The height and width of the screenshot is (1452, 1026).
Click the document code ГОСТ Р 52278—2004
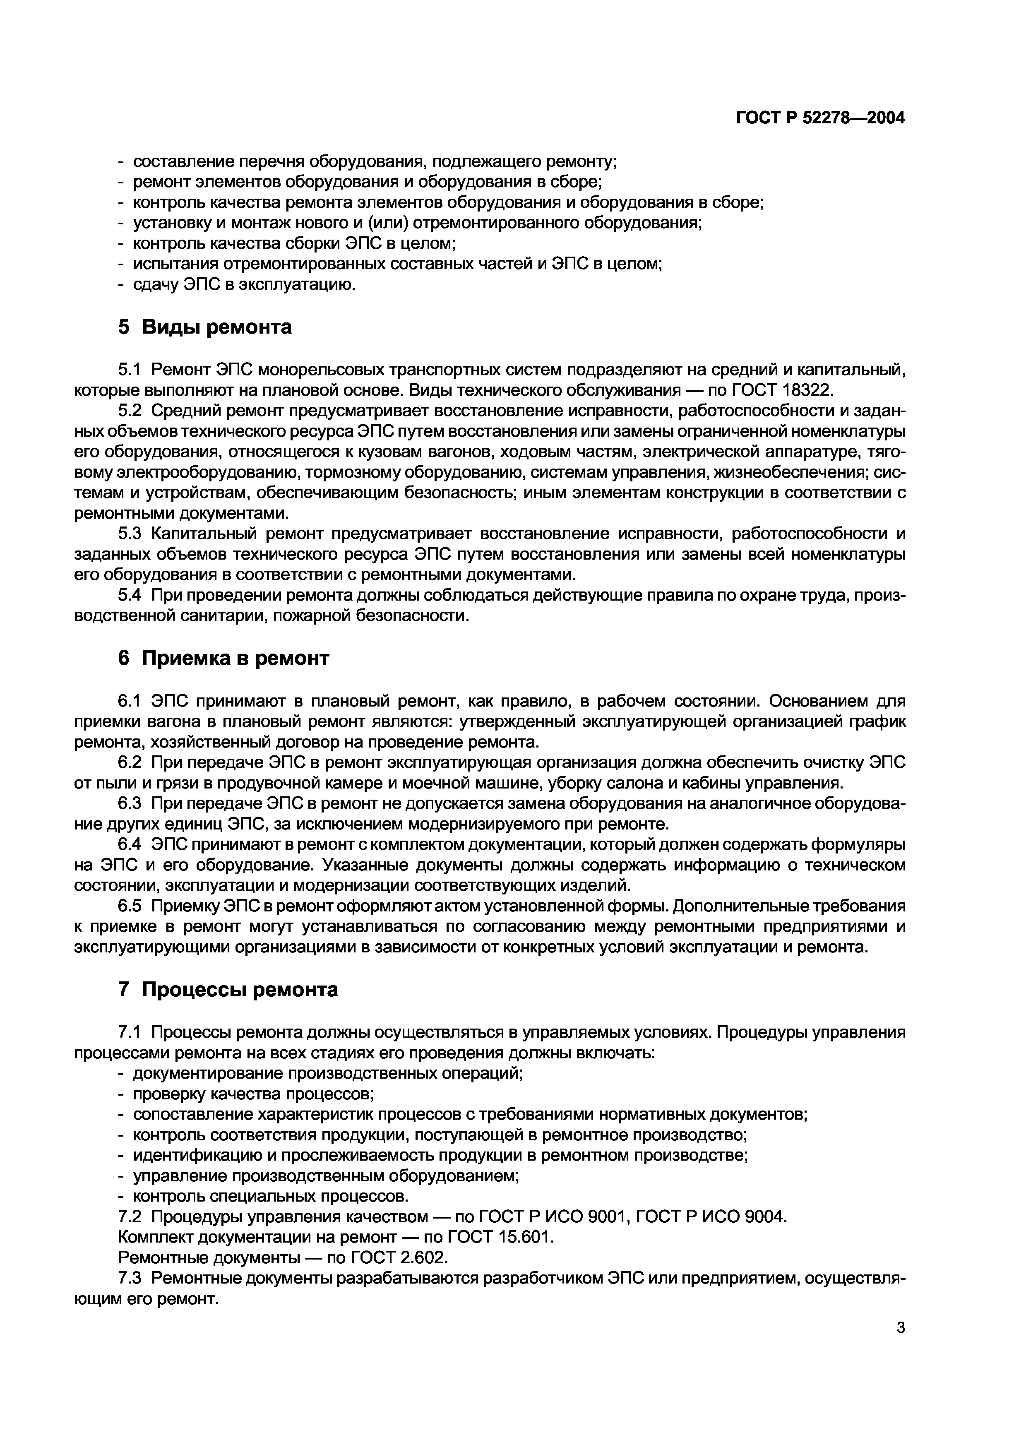[821, 118]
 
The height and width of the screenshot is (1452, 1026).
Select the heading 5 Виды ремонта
[205, 327]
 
